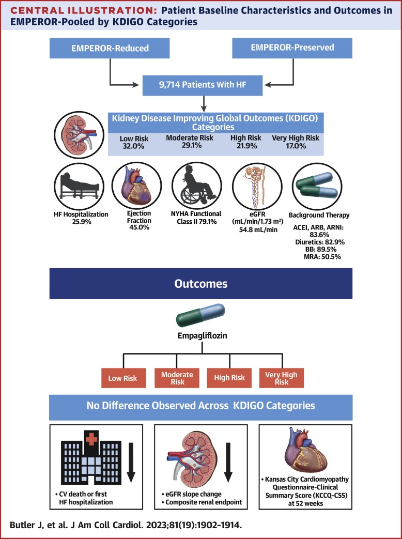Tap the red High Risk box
(x=229, y=378)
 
